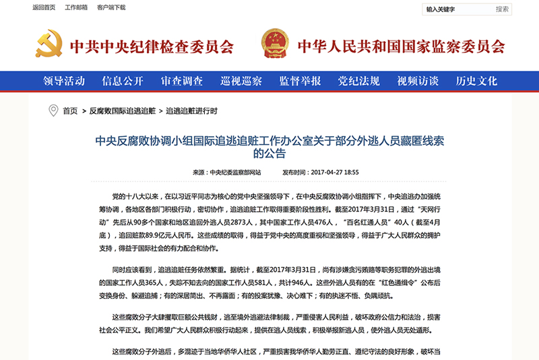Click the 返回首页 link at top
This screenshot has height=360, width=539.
point(44,8)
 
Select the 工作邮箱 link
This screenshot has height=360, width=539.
point(76,8)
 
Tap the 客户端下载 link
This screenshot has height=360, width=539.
point(111,8)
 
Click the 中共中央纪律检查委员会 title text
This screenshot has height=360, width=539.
point(152,47)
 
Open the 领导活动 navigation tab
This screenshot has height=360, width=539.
point(64,81)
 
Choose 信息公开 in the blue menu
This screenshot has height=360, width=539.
point(123,81)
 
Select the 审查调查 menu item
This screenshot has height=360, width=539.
point(182,81)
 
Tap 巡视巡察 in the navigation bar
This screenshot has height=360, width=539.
point(241,81)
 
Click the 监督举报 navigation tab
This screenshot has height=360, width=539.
point(300,81)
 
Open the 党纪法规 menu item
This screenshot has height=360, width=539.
point(359,81)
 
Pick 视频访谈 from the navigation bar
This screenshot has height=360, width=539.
point(418,81)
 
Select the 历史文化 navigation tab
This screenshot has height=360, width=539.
point(476,81)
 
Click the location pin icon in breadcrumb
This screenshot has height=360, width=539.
point(53,111)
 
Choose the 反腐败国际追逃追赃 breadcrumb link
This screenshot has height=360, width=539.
point(123,111)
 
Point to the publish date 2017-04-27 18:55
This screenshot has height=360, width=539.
point(334,172)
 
